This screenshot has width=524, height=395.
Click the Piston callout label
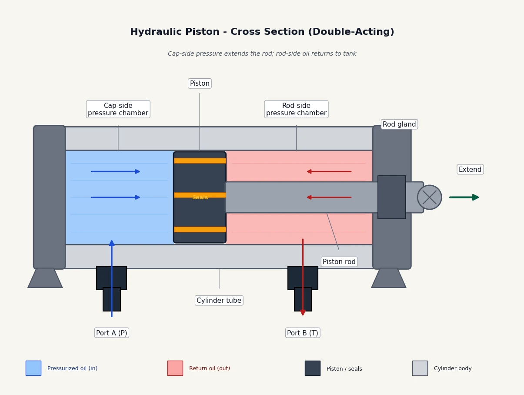[x=200, y=84]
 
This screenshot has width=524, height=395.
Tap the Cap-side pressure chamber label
[x=118, y=109]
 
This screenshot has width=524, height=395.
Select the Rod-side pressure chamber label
[x=296, y=109]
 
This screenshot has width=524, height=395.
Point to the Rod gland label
[x=399, y=124]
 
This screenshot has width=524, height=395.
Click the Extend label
[x=470, y=169]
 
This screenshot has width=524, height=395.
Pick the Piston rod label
[x=339, y=261]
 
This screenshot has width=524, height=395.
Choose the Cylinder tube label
[x=219, y=300]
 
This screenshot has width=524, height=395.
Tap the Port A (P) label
[x=111, y=333]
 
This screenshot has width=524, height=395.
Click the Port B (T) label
[x=303, y=333]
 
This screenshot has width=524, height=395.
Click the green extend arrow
[x=464, y=197]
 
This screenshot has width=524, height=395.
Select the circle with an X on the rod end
[x=430, y=197]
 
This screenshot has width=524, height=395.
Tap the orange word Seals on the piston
[x=200, y=197]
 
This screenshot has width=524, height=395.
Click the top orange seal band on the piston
[x=200, y=161]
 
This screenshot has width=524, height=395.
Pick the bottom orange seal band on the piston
[x=200, y=229]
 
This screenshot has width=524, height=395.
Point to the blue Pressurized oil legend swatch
[x=33, y=368]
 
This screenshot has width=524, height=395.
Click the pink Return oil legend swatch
[x=175, y=368]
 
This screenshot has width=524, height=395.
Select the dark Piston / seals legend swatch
[x=313, y=368]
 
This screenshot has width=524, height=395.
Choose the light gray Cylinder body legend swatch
[x=420, y=368]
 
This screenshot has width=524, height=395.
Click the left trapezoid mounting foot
[x=45, y=278]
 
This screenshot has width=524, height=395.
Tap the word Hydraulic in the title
[x=174, y=31]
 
